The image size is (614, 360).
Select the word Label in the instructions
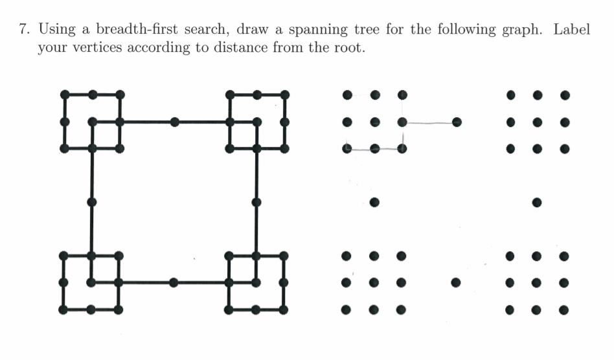click(x=572, y=30)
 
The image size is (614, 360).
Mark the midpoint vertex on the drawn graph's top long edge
click(x=174, y=121)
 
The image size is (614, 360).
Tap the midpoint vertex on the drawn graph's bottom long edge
click(x=174, y=282)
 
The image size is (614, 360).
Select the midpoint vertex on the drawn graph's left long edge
click(x=92, y=201)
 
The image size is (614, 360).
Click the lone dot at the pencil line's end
click(x=457, y=121)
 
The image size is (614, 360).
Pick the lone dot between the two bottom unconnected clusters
click(x=456, y=282)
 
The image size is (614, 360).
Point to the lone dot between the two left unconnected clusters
click(x=374, y=202)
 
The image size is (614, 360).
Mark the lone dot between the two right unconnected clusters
click(x=537, y=202)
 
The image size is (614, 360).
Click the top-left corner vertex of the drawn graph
click(x=64, y=95)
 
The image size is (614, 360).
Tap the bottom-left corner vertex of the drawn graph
click(x=64, y=309)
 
